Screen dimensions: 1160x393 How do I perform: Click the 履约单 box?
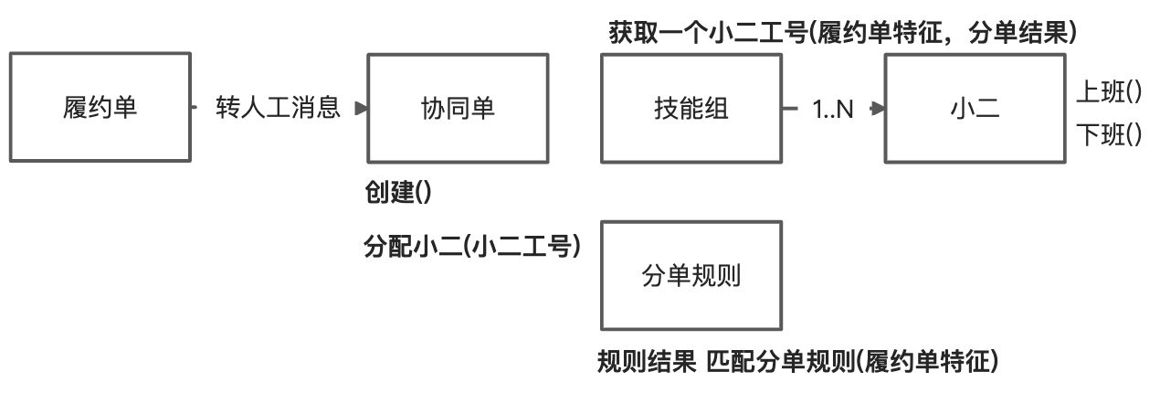click(x=100, y=107)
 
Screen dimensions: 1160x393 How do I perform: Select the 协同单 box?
click(x=458, y=107)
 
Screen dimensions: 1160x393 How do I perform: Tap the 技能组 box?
click(x=691, y=107)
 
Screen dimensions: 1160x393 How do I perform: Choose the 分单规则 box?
click(x=691, y=275)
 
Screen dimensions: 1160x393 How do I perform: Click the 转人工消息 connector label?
click(x=278, y=108)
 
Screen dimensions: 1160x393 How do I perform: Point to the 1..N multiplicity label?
click(x=832, y=109)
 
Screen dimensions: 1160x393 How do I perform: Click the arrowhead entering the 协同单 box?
click(x=361, y=108)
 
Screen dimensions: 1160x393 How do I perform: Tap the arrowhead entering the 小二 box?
click(x=879, y=108)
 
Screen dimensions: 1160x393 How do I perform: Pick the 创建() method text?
click(x=397, y=194)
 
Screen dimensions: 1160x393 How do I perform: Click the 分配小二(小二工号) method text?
click(x=472, y=247)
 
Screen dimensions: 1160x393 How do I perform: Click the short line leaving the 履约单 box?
click(x=195, y=108)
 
